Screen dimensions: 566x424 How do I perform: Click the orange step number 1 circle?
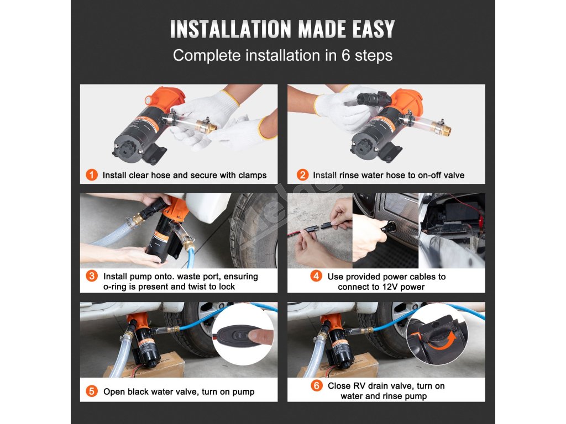coord(92,175)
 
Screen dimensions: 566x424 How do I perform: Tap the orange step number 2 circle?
coord(302,175)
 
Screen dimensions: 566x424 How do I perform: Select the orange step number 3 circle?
coord(92,277)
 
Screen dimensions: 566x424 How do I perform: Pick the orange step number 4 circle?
coord(316,277)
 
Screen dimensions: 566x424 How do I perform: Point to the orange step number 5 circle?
coord(92,391)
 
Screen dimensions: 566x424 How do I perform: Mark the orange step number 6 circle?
coord(317,386)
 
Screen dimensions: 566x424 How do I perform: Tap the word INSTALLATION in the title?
coord(230,29)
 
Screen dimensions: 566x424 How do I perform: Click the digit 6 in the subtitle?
coord(346,56)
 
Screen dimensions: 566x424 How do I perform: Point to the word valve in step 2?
coord(454,175)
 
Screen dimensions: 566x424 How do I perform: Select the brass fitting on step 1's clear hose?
coord(206,126)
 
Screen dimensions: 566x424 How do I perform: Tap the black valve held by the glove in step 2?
coord(374,99)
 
